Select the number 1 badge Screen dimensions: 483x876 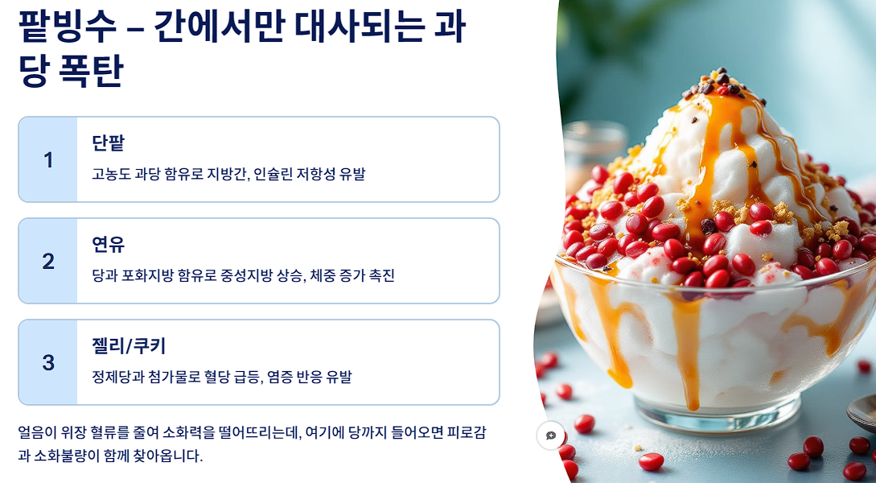click(48, 159)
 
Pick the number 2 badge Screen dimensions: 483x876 click(48, 261)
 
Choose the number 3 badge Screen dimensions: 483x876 click(48, 362)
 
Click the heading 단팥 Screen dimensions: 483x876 click(109, 143)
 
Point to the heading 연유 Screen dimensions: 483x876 click(109, 245)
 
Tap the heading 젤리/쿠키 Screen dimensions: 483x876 click(129, 346)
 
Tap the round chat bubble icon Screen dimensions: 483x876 click(551, 436)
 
